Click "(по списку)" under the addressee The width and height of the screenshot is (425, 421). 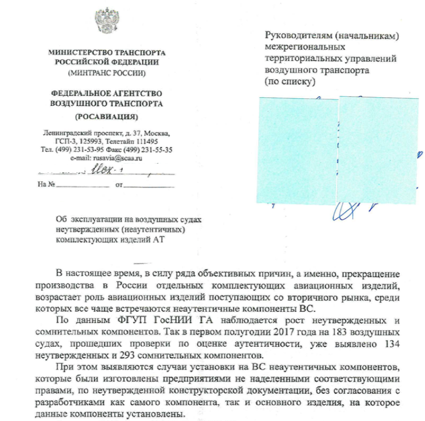coord(289,81)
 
